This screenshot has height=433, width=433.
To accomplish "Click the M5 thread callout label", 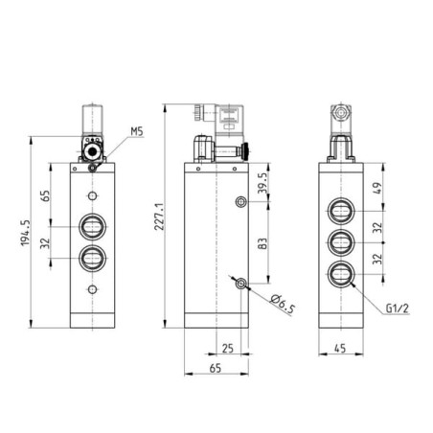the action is (x=137, y=131).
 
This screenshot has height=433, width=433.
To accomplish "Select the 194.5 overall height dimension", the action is (x=25, y=233).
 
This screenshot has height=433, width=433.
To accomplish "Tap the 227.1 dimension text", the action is (x=159, y=216).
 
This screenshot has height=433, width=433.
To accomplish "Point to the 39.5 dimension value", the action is (x=262, y=183).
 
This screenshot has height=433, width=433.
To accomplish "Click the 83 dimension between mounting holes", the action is (x=262, y=243).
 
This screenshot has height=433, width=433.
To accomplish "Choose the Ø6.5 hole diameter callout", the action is (x=283, y=304).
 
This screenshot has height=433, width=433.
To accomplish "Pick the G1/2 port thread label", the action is (x=398, y=308).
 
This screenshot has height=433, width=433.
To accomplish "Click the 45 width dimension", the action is (x=340, y=348).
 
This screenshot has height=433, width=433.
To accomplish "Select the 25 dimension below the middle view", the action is (x=228, y=348).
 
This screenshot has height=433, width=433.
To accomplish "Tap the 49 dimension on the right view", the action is (x=376, y=188).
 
